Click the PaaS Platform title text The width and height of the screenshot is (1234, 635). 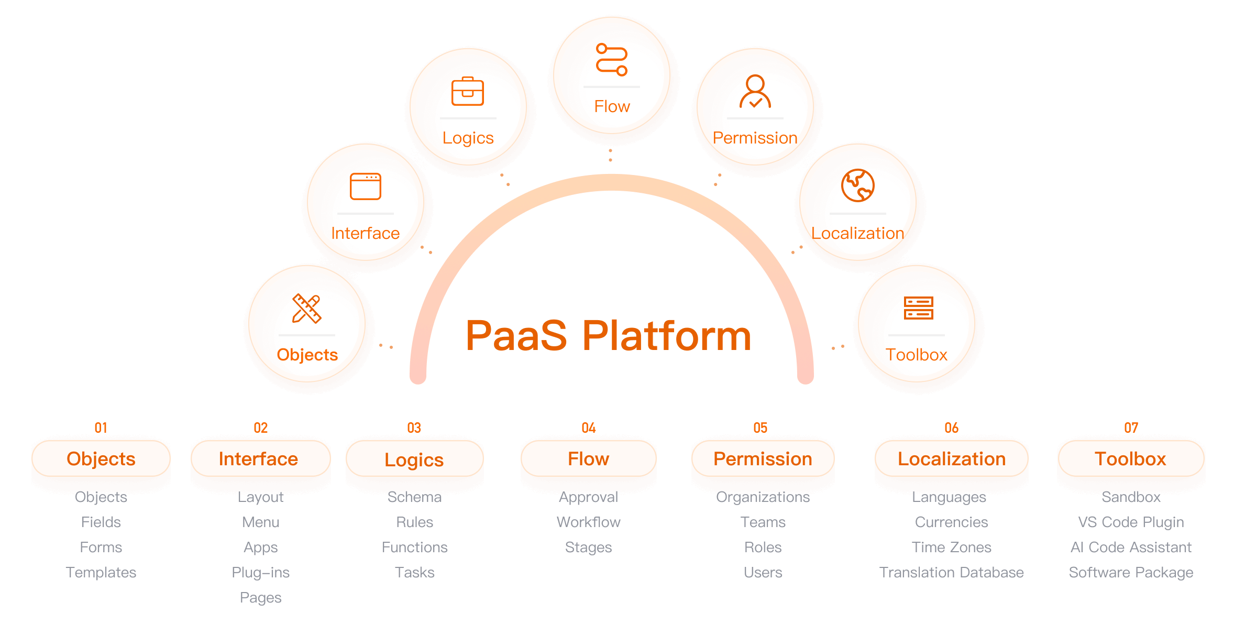coord(608,335)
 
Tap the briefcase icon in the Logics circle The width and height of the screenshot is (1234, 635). coord(468,92)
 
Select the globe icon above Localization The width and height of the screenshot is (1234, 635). coord(857,185)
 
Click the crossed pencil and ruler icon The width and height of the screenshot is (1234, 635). coord(306,308)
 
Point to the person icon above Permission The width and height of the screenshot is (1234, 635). coord(755,92)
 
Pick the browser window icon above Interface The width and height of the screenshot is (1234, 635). coord(366,187)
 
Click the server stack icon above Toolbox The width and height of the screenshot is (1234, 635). coord(918,308)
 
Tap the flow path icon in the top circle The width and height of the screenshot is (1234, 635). coord(612,60)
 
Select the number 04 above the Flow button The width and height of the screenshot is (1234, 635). coord(589,428)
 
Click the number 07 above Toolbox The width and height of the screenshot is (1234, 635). coord(1131,428)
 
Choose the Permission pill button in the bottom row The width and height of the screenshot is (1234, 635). coord(763,459)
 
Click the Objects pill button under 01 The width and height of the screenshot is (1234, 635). coord(101,459)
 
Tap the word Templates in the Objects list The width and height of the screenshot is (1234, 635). coord(101,572)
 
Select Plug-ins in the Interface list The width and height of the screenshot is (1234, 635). coord(261,572)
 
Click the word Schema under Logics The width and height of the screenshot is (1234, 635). coord(415,497)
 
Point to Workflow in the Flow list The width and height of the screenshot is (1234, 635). coord(589,522)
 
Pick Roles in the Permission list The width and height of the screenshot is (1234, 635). coord(763,547)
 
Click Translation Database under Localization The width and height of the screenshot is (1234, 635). coord(952,572)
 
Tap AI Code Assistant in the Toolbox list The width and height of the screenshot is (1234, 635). coord(1131,547)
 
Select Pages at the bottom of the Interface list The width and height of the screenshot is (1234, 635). coord(261,597)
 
